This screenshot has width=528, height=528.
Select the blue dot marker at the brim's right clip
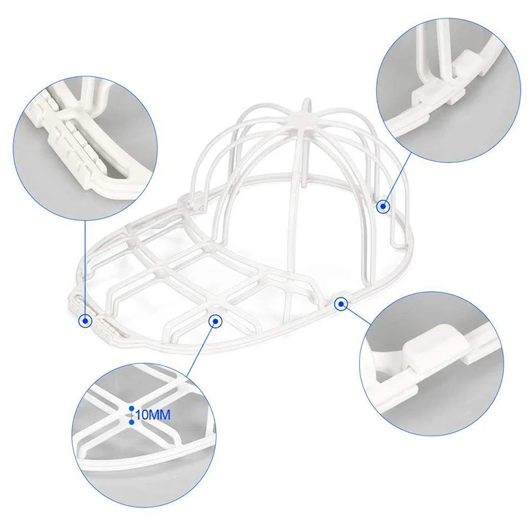[341, 304]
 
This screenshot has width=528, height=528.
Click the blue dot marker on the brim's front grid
[214, 321]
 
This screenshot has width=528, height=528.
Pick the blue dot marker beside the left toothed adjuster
[85, 321]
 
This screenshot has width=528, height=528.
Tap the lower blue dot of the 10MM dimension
[131, 421]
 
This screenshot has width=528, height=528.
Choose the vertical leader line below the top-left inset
[86, 264]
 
